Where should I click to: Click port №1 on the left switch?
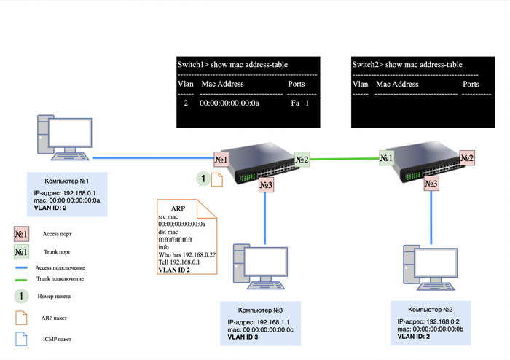(222, 159)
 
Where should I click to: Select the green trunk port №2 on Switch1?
(302, 159)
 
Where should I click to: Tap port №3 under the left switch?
(265, 186)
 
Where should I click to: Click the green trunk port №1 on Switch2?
(387, 157)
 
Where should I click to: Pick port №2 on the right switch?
(467, 157)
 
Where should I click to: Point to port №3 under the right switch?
(431, 184)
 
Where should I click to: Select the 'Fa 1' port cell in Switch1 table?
(299, 104)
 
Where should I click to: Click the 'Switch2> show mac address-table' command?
(407, 65)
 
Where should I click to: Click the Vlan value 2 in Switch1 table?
(186, 104)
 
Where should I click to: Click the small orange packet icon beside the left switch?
(216, 179)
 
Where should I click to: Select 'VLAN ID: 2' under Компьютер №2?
(419, 336)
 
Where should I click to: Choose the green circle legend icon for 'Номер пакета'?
(22, 297)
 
